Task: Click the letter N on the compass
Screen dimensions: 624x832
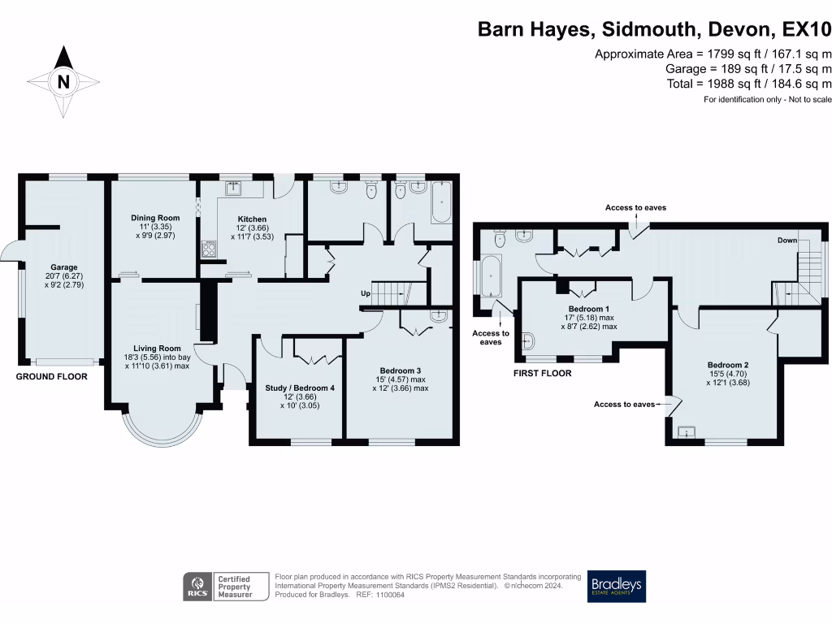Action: [63, 81]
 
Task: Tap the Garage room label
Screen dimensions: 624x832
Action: [64, 267]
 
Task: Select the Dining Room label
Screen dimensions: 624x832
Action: [155, 218]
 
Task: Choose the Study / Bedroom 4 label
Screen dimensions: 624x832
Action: [300, 388]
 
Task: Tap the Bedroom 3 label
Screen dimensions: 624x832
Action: [398, 370]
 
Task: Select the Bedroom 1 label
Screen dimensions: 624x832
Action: [589, 310]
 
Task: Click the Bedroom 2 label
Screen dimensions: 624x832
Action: [727, 365]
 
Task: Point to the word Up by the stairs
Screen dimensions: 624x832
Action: [367, 292]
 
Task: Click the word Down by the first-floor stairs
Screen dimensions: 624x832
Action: [786, 240]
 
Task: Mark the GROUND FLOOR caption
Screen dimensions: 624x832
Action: [51, 377]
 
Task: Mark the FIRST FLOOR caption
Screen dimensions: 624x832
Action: [542, 374]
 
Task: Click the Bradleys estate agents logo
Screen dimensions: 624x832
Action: [617, 586]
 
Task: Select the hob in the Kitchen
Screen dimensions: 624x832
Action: [208, 249]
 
